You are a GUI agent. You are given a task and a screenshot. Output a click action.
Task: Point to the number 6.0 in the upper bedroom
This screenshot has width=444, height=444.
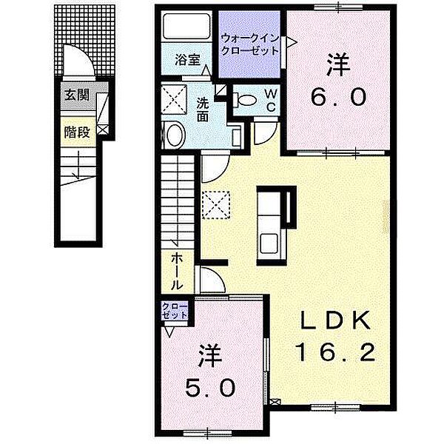pyautogui.click(x=337, y=97)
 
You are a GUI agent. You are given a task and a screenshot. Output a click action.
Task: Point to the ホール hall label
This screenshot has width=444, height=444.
pyautogui.click(x=178, y=271)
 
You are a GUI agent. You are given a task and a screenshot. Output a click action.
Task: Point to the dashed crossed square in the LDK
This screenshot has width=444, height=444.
pyautogui.click(x=216, y=201)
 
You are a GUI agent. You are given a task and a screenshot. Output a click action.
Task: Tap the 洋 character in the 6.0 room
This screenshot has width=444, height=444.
pyautogui.click(x=337, y=65)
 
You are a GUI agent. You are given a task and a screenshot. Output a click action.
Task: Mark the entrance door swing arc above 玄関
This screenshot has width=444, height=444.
pyautogui.click(x=77, y=61)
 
